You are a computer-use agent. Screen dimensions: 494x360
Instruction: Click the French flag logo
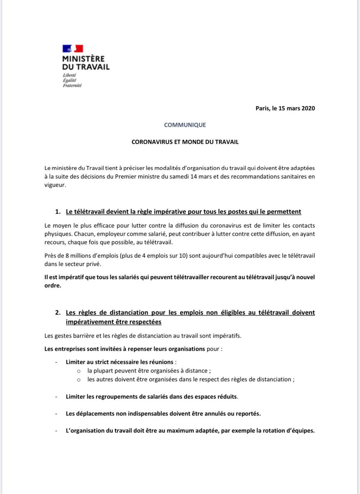pyautogui.click(x=73, y=49)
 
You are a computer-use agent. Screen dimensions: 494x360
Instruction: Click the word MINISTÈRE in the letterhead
pyautogui.click(x=83, y=59)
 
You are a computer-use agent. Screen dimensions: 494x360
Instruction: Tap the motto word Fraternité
pyautogui.click(x=72, y=85)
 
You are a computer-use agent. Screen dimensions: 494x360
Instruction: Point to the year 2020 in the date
pyautogui.click(x=307, y=108)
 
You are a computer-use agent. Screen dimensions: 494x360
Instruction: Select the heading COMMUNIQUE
pyautogui.click(x=185, y=125)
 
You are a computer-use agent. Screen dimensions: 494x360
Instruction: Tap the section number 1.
pyautogui.click(x=58, y=212)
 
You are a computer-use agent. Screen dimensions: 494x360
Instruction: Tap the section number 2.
pyautogui.click(x=58, y=313)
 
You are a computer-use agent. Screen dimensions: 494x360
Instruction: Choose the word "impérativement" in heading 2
pyautogui.click(x=91, y=321)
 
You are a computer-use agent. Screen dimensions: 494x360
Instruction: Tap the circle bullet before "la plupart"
pyautogui.click(x=79, y=371)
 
